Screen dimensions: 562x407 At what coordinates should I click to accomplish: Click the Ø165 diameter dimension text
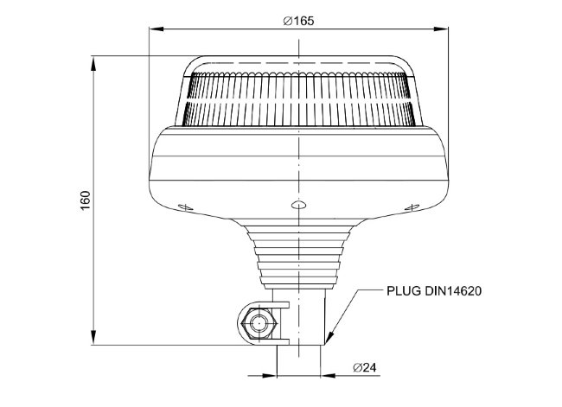[298, 21]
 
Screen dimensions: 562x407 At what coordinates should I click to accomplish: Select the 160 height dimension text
[86, 200]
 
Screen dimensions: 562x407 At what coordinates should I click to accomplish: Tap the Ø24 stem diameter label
[365, 367]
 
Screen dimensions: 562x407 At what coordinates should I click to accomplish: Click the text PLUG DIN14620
[434, 291]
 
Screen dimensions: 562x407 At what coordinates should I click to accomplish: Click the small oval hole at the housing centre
[298, 205]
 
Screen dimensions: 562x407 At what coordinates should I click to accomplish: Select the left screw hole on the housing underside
[186, 207]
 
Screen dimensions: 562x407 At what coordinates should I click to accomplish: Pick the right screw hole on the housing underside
[412, 207]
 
